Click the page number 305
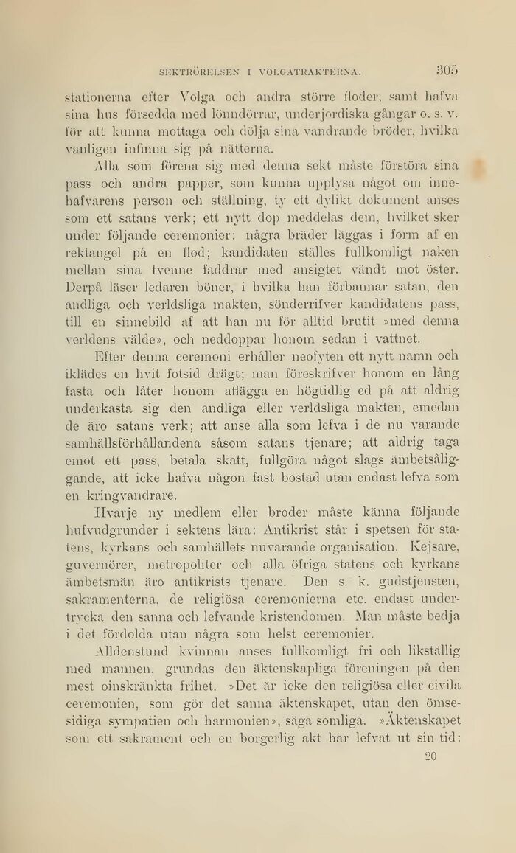click(447, 70)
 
